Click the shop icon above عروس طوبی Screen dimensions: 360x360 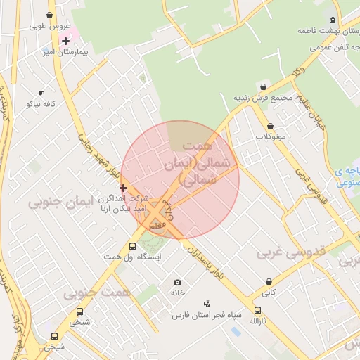point(49,15)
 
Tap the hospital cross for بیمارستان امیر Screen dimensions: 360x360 point(65,41)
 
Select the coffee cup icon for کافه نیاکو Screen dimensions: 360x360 point(41,93)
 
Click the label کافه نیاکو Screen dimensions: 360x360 point(41,104)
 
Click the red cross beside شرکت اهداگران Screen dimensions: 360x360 point(123,188)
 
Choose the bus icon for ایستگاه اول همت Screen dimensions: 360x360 point(132,246)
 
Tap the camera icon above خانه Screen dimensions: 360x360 point(177,282)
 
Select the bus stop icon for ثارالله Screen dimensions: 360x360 point(257,310)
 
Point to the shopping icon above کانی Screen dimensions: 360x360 point(268,280)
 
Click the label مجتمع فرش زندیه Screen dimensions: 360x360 point(264,98)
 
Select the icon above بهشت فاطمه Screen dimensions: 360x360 point(333,20)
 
